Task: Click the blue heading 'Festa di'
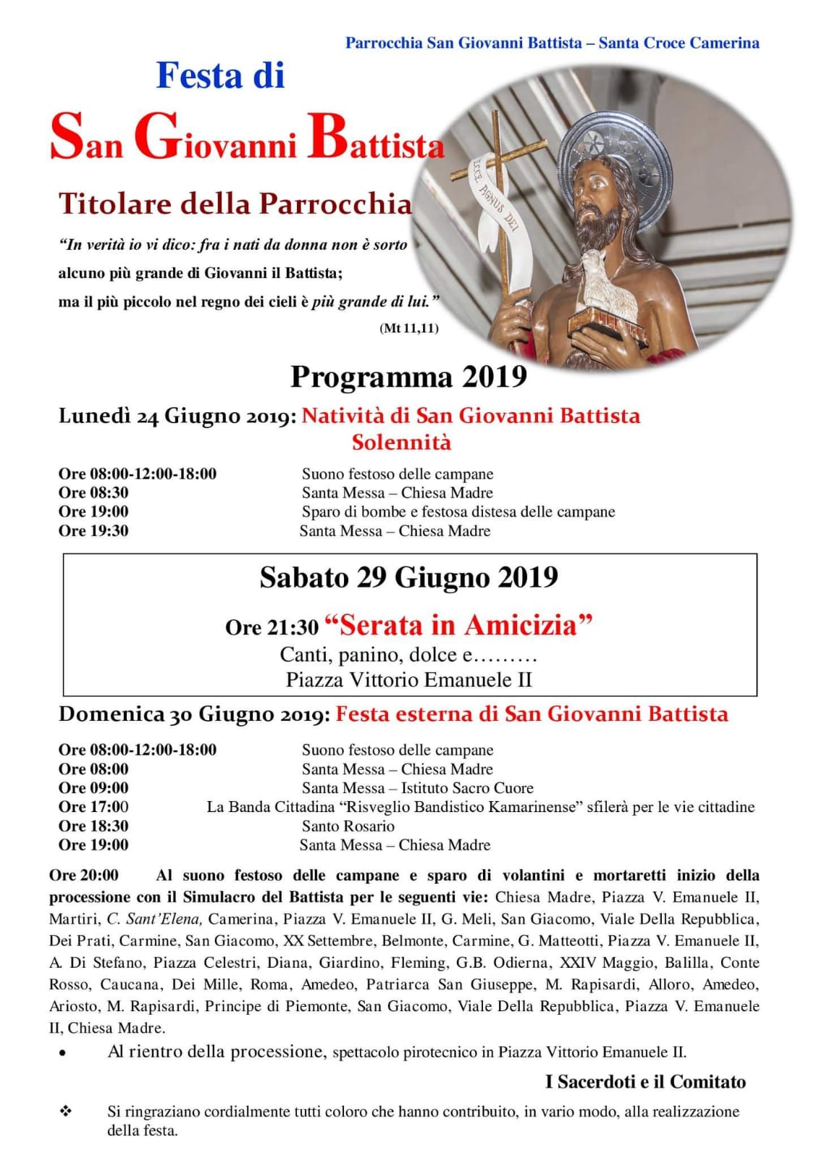click(x=220, y=76)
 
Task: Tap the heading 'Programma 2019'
click(x=408, y=377)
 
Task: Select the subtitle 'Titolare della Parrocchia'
click(x=235, y=204)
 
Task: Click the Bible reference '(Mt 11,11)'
click(x=408, y=328)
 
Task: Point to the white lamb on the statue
click(x=607, y=280)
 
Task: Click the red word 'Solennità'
click(x=401, y=442)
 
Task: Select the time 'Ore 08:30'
click(x=93, y=493)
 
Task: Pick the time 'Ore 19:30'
click(x=93, y=531)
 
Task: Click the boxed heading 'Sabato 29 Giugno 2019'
click(x=408, y=577)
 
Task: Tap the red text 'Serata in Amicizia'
click(x=458, y=624)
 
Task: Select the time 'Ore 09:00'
click(x=93, y=788)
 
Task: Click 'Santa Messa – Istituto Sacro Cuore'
click(x=417, y=788)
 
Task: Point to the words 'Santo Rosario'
click(x=348, y=826)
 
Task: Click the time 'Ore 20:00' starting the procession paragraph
click(x=84, y=875)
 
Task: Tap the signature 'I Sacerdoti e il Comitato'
click(x=644, y=1081)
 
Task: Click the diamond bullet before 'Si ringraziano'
click(x=65, y=1111)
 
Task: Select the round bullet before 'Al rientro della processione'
click(x=63, y=1054)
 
